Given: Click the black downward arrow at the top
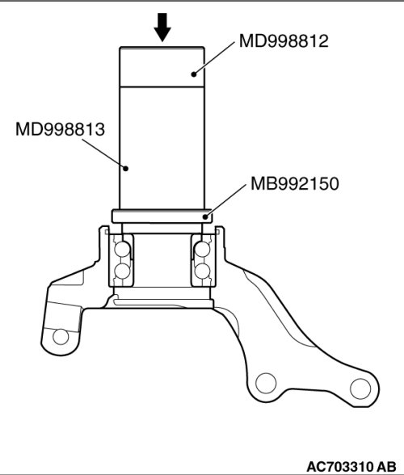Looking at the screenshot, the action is (x=162, y=27).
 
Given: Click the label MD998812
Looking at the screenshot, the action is (x=284, y=40).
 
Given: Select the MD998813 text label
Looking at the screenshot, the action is (x=60, y=129).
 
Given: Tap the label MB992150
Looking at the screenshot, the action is (x=295, y=183).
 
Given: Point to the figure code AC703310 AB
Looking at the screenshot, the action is (x=351, y=466).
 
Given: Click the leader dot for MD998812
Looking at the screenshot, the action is (x=194, y=74).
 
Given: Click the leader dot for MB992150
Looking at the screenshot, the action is (x=205, y=216).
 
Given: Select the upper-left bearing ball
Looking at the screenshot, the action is (x=123, y=249).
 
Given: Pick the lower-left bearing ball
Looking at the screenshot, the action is (x=123, y=271).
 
